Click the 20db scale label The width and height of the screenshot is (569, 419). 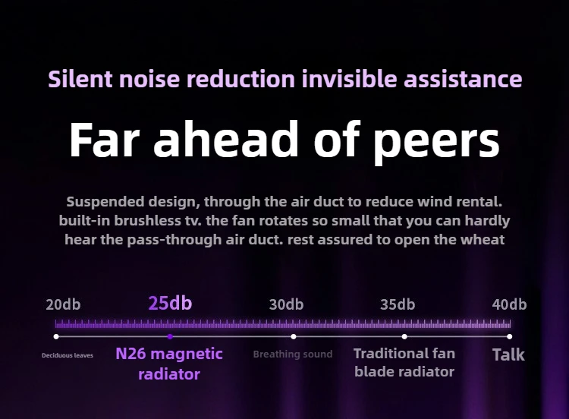pyautogui.click(x=63, y=304)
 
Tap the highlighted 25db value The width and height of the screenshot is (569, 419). pyautogui.click(x=170, y=303)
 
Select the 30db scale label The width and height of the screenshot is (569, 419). pyautogui.click(x=286, y=304)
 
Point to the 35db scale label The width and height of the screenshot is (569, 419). pyautogui.click(x=398, y=304)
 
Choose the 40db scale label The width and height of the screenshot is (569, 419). pyautogui.click(x=509, y=304)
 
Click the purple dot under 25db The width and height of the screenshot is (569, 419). pyautogui.click(x=170, y=336)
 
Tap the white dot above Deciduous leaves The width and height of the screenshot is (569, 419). pyautogui.click(x=56, y=336)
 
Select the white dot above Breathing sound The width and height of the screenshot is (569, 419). pyautogui.click(x=293, y=336)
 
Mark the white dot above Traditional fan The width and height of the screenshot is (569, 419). pyautogui.click(x=404, y=336)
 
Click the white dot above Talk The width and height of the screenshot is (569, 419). pyautogui.click(x=510, y=336)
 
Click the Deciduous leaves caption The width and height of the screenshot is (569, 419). pyautogui.click(x=68, y=355)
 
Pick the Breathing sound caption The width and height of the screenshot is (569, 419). pyautogui.click(x=293, y=354)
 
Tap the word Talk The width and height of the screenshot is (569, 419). pyautogui.click(x=508, y=354)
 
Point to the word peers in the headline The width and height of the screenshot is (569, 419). pyautogui.click(x=436, y=143)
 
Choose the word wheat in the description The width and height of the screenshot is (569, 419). pyautogui.click(x=483, y=240)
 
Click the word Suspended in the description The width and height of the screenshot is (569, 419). pyautogui.click(x=105, y=202)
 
